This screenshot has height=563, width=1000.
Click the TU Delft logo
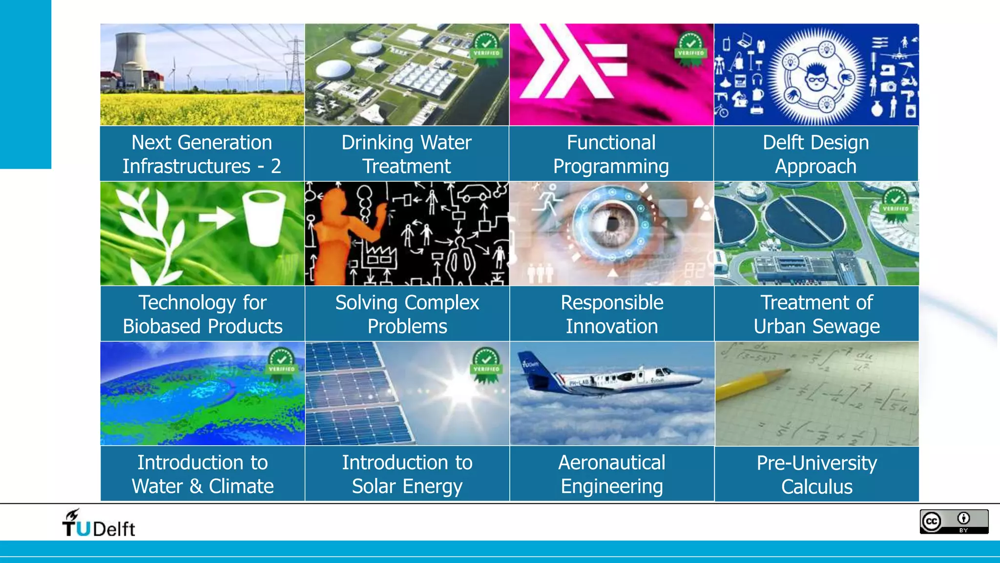98,523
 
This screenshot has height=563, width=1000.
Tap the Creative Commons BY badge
954,521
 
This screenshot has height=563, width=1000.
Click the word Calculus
816,487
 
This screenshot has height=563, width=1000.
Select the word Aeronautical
611,462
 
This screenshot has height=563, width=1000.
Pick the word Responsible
612,303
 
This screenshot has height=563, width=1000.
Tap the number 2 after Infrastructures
276,167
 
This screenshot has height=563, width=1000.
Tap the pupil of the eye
612,224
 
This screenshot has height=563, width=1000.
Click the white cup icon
264,217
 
